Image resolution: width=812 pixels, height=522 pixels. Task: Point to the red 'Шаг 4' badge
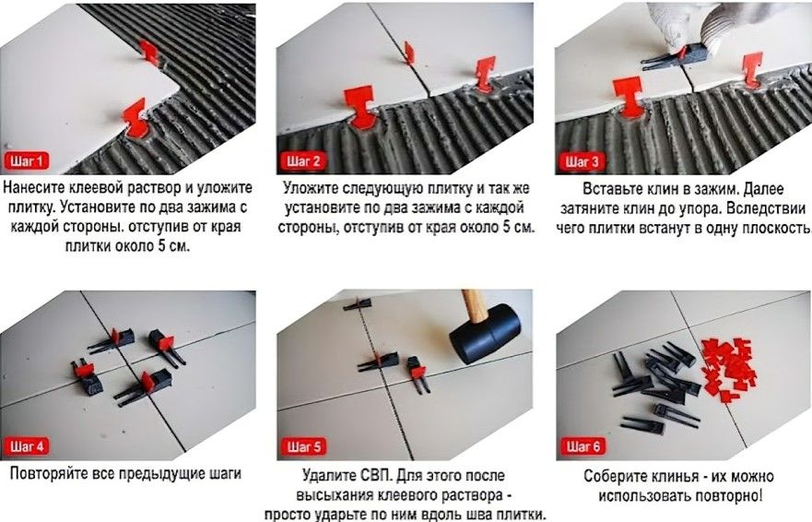click(28, 446)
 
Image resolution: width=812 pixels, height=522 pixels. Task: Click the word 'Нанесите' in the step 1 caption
click(36, 188)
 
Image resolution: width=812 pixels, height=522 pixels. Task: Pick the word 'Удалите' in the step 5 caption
click(328, 476)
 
